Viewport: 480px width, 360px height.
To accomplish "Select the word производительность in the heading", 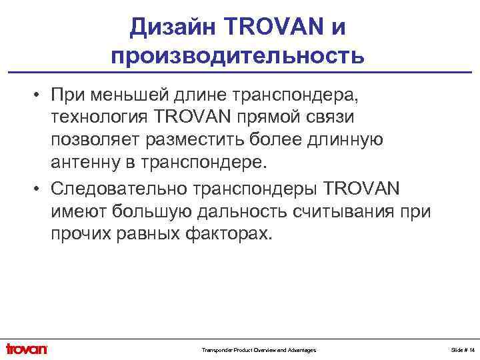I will (238, 55).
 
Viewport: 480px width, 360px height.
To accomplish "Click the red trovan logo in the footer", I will (27, 349).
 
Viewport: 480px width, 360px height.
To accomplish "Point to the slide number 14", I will (471, 350).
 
